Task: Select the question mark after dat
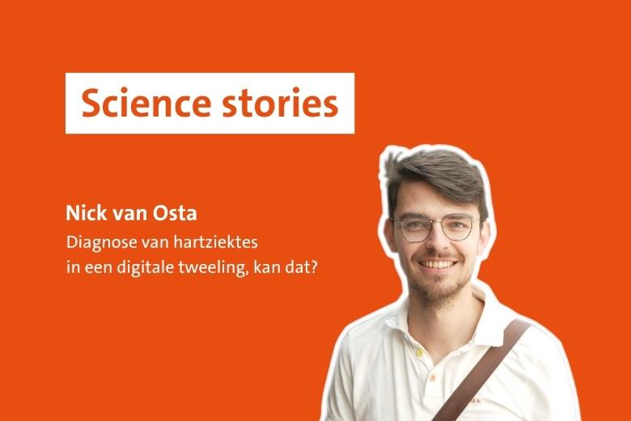click(312, 266)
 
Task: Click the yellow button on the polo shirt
click(419, 353)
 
